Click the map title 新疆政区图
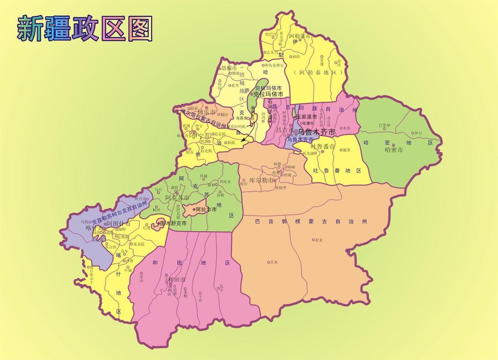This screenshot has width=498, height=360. (x=85, y=29)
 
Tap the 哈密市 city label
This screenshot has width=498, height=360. (x=394, y=150)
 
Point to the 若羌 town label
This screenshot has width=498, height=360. (x=319, y=240)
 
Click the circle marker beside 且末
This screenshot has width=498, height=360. (x=268, y=262)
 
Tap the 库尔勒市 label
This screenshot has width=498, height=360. (x=260, y=181)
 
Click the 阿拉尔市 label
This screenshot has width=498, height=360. (x=206, y=209)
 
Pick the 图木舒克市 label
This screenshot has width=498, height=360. (x=173, y=223)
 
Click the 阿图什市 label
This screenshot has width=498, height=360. (x=119, y=223)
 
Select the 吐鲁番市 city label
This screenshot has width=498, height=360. (x=323, y=147)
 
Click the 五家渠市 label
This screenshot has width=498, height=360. (x=307, y=117)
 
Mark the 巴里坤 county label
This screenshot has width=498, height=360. (x=384, y=125)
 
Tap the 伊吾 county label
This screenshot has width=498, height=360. (x=418, y=133)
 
